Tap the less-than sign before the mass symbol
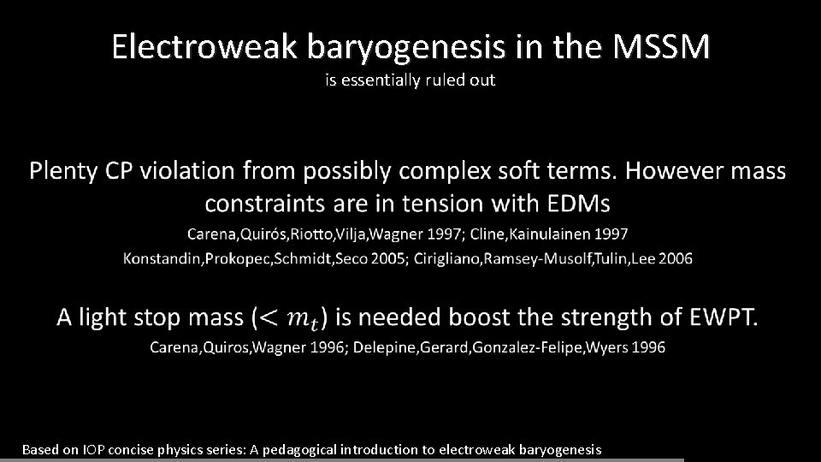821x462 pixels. pos(269,319)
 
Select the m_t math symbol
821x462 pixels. pos(301,320)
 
